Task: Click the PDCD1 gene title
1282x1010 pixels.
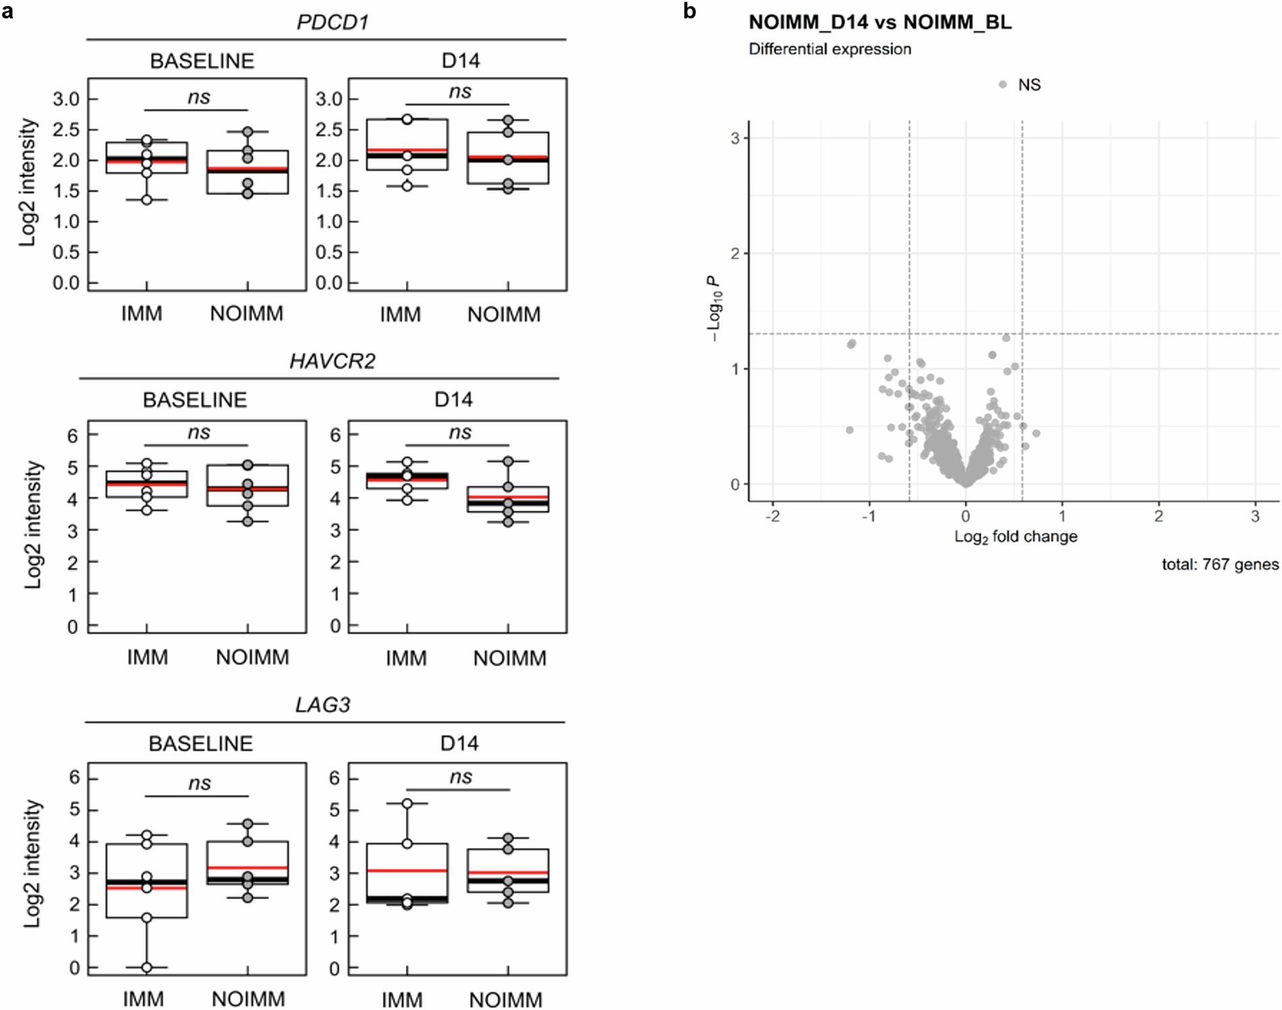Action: (x=332, y=22)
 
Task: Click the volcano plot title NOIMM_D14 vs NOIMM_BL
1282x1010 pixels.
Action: (x=879, y=22)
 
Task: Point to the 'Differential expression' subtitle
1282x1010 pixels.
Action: (x=829, y=49)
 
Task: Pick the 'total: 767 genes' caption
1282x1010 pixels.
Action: (x=1219, y=564)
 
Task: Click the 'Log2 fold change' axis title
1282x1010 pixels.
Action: (x=1015, y=536)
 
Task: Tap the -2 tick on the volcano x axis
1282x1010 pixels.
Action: (x=772, y=516)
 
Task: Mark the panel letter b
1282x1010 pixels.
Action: (x=689, y=11)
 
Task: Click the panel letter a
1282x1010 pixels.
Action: (x=7, y=11)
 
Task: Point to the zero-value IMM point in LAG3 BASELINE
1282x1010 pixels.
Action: (x=146, y=967)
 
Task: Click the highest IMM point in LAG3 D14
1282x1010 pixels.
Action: (x=407, y=804)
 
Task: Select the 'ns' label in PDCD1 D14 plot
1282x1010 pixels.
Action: (x=460, y=91)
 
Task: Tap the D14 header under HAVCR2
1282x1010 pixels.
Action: (x=453, y=399)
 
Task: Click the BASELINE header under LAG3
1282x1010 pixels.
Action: (x=200, y=744)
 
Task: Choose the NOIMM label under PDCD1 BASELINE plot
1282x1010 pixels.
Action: (x=246, y=314)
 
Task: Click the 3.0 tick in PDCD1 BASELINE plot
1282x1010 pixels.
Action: (x=66, y=99)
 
